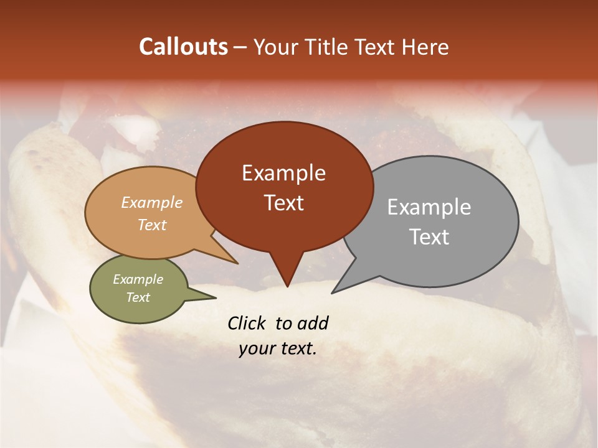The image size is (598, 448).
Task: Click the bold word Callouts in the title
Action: tap(183, 47)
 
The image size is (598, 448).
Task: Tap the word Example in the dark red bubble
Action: tap(283, 173)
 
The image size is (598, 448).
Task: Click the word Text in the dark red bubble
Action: tap(283, 202)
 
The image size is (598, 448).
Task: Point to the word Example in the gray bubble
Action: tap(429, 207)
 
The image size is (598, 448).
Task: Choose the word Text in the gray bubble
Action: tap(429, 237)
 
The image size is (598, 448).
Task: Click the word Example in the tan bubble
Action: tap(152, 202)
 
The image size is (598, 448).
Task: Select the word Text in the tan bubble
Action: tap(152, 225)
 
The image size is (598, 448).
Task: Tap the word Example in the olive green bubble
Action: tap(138, 279)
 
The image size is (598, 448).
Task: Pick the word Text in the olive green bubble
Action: tap(138, 297)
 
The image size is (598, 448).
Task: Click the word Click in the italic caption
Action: tap(247, 323)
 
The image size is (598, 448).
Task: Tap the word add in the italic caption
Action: tap(313, 323)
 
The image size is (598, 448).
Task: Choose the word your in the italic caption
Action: tap(256, 348)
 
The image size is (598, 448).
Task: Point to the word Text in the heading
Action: tap(377, 47)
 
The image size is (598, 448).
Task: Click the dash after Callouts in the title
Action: tap(240, 47)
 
